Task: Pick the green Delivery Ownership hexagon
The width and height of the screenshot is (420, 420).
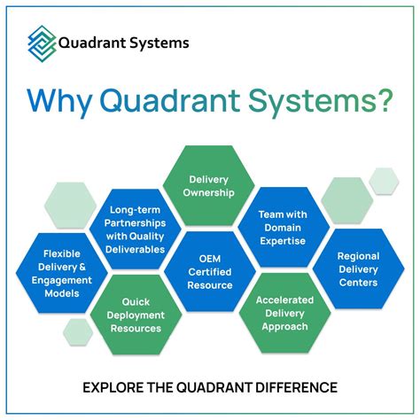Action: click(x=209, y=184)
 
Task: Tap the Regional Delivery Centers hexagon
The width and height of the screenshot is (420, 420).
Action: click(x=358, y=270)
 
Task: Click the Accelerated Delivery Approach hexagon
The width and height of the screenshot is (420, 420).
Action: click(x=284, y=313)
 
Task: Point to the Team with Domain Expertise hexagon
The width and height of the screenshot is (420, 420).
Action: click(x=284, y=228)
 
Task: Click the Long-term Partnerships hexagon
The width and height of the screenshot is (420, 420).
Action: click(x=136, y=228)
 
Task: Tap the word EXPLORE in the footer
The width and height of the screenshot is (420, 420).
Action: click(x=112, y=387)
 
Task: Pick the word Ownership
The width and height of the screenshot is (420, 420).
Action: click(x=210, y=191)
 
